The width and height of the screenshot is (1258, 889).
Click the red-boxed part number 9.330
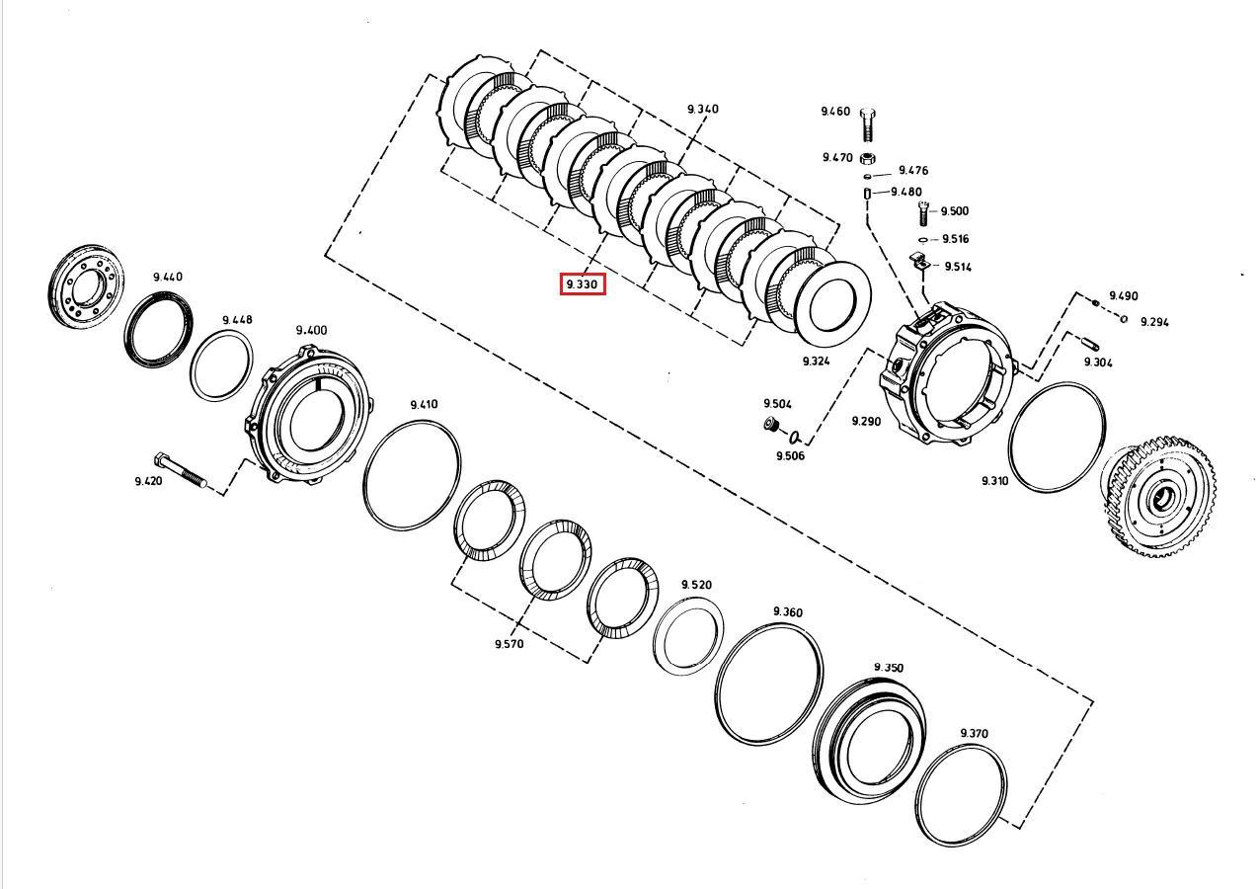[583, 284]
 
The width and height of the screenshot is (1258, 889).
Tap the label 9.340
[703, 109]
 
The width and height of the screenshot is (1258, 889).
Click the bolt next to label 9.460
[868, 125]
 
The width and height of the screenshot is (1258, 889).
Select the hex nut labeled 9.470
[868, 158]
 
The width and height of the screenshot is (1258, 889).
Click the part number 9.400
[311, 330]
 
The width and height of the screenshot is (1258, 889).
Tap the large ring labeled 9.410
[412, 475]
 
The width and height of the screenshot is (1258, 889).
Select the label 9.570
[509, 643]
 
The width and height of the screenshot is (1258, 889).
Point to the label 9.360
[787, 612]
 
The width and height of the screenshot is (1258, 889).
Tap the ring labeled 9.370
[961, 793]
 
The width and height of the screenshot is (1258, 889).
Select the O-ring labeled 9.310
[1057, 438]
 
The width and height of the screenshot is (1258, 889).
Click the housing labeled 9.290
[946, 372]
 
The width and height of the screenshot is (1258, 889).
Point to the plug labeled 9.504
[770, 425]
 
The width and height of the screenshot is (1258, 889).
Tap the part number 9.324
[816, 362]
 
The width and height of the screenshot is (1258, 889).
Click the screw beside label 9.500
[923, 212]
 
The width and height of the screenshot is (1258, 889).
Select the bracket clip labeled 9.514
[917, 263]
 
